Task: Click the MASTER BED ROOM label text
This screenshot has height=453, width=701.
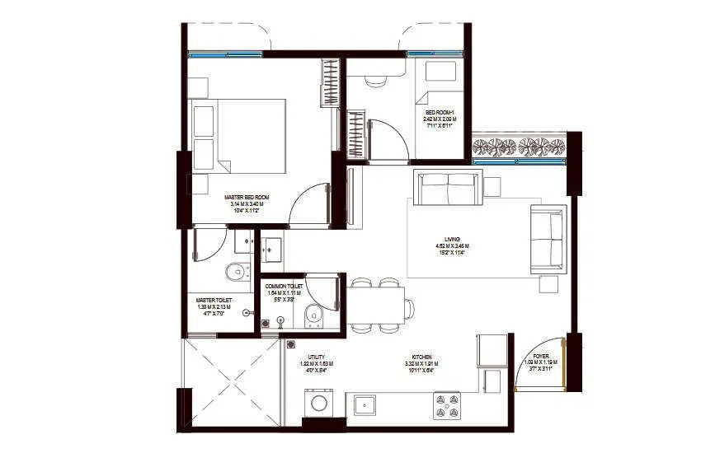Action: click(247, 198)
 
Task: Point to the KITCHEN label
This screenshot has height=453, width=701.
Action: click(421, 357)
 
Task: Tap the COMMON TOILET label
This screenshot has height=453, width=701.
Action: click(283, 286)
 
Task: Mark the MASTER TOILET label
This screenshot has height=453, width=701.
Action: click(214, 301)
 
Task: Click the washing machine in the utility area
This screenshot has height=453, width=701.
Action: click(318, 404)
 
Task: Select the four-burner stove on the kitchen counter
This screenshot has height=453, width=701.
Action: click(446, 404)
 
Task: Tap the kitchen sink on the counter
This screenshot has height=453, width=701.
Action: click(366, 404)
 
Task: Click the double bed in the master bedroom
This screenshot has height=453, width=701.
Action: click(238, 136)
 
